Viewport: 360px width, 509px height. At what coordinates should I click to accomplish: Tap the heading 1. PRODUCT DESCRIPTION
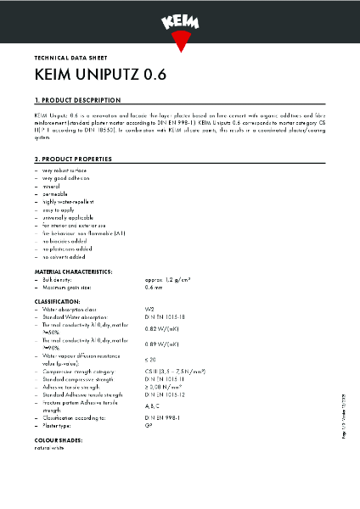coord(77,100)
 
